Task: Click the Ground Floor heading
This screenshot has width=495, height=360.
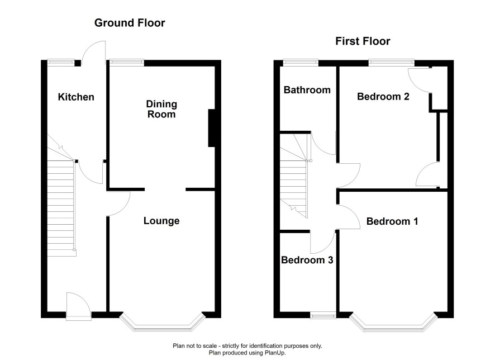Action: [x=130, y=23]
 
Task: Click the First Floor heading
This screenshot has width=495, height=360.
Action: [x=363, y=41]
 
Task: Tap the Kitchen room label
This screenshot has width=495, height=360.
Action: [x=76, y=97]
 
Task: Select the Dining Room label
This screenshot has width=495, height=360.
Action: [x=161, y=109]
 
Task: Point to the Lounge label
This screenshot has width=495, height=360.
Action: [x=161, y=221]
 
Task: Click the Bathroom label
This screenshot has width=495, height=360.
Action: [x=307, y=90]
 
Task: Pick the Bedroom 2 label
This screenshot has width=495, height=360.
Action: [x=383, y=96]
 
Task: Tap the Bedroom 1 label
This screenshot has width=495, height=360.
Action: [x=392, y=221]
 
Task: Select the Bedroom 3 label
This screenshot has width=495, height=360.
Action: [x=307, y=260]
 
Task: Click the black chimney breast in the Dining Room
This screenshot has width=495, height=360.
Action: [x=212, y=128]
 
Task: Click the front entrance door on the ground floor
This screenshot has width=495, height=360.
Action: [x=79, y=305]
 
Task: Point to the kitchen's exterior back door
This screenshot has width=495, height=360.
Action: [x=93, y=53]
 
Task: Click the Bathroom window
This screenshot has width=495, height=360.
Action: [x=301, y=63]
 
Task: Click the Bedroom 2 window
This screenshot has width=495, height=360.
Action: [x=392, y=63]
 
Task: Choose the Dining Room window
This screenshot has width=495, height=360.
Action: [x=127, y=63]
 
